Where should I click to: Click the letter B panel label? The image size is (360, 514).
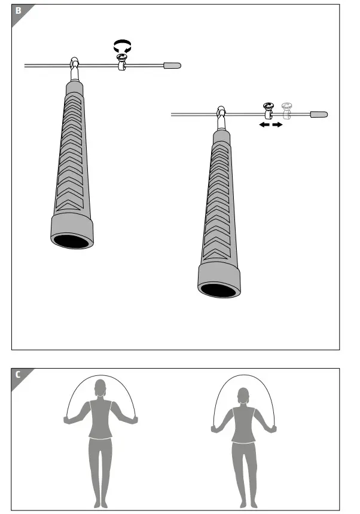coord(18,11)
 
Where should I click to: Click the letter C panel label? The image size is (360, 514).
coord(18,375)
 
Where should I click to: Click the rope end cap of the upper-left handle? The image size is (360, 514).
coord(172,65)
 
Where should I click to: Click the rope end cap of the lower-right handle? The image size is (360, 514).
coord(319,113)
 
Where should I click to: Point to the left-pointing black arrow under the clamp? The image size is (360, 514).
coord(263,126)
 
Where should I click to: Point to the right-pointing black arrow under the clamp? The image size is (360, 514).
coord(277,126)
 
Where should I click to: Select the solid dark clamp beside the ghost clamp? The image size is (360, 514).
coord(269,111)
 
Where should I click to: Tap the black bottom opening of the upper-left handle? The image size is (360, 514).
coord(71,241)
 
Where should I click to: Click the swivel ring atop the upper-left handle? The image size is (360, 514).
coord(75,63)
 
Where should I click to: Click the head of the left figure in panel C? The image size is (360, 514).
coord(100,387)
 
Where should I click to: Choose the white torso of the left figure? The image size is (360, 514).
coord(100,418)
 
